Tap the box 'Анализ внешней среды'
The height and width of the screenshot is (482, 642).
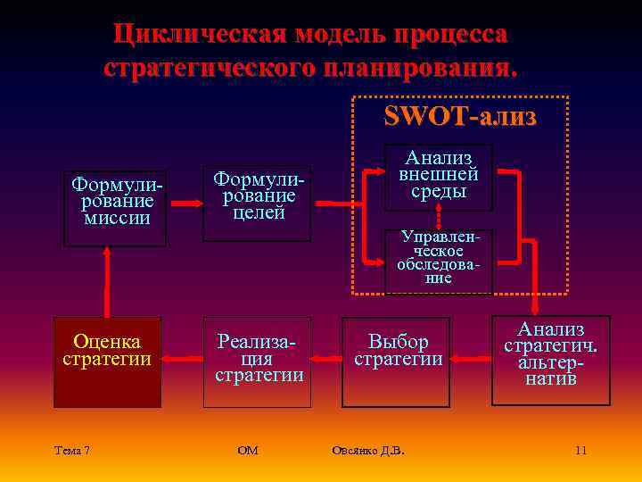(x=438, y=177)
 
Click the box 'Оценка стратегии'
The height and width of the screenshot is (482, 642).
(x=107, y=361)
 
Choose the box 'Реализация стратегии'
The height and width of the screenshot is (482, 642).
(x=257, y=361)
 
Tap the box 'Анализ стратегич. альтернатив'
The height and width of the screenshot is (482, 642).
(x=551, y=354)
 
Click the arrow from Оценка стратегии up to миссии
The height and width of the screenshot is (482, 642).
(x=107, y=280)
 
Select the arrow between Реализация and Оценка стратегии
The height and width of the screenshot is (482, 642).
(x=182, y=360)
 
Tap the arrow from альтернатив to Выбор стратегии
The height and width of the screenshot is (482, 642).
(x=470, y=360)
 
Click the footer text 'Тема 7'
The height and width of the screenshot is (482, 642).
(x=71, y=451)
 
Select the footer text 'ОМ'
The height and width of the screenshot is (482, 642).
(x=248, y=451)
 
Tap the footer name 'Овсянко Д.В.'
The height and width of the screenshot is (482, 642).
(x=367, y=451)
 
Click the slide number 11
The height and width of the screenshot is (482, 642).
(x=580, y=451)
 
